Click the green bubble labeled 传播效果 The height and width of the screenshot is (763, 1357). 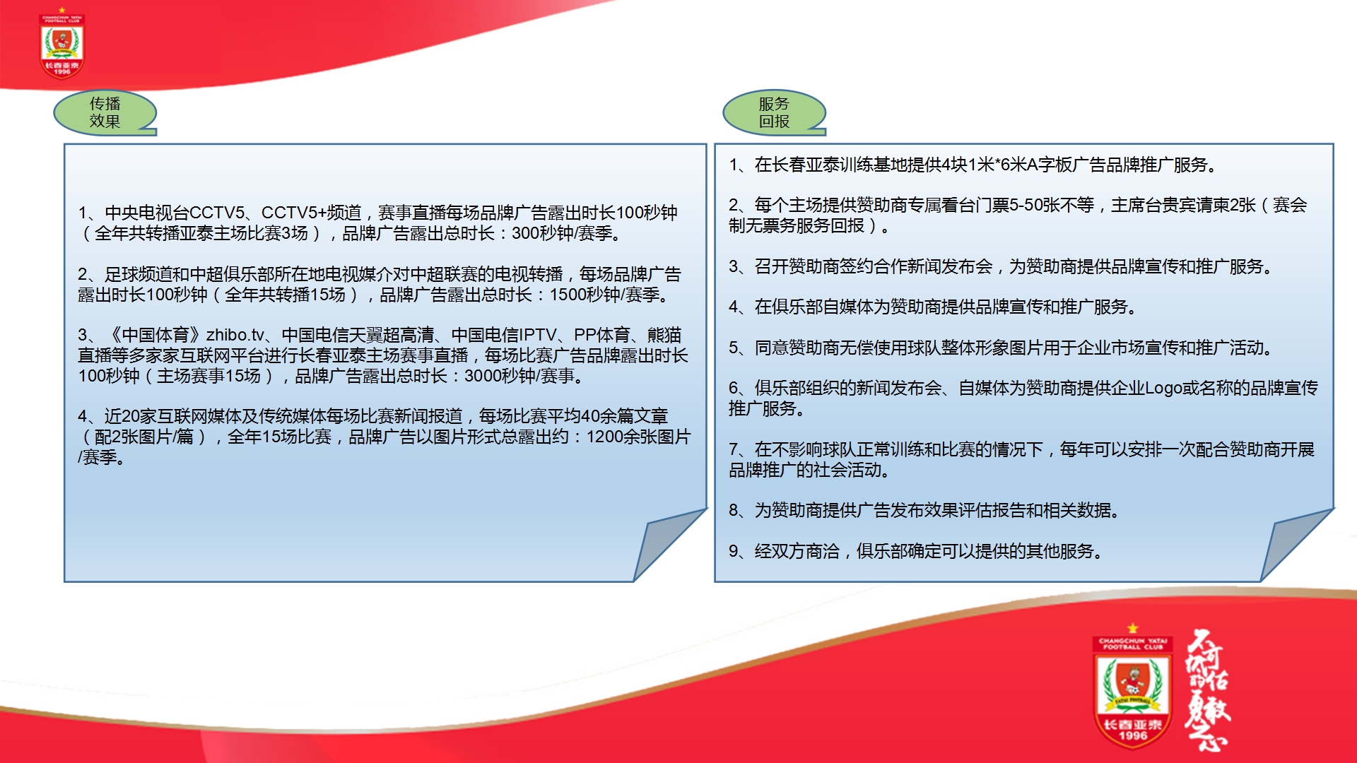click(x=105, y=112)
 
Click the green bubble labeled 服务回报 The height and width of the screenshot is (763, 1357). click(x=774, y=112)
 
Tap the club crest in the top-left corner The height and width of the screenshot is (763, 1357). click(x=62, y=44)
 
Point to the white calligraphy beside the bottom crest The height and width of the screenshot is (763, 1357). click(x=1208, y=689)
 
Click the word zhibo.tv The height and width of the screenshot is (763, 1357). click(x=235, y=335)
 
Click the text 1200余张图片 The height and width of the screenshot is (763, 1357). click(x=638, y=437)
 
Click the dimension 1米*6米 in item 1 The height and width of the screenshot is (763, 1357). click(x=997, y=165)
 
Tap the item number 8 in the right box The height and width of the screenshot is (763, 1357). click(x=734, y=510)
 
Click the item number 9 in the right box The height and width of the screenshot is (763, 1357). click(x=734, y=551)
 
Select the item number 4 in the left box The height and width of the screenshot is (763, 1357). click(x=83, y=416)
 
